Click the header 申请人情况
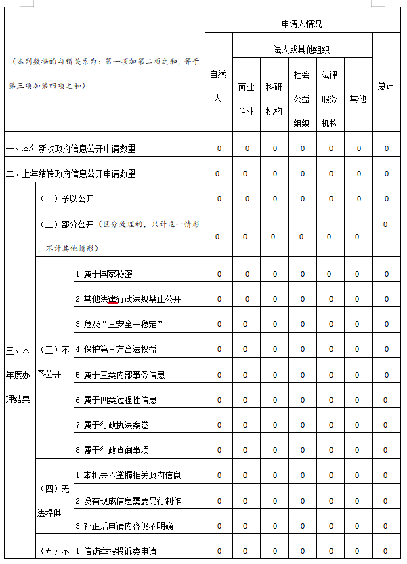click(302, 24)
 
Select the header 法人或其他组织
click(302, 49)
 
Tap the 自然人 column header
click(218, 86)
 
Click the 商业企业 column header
click(246, 98)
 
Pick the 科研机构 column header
click(274, 98)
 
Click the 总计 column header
click(386, 86)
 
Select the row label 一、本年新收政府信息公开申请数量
click(75, 148)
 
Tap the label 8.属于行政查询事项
click(112, 450)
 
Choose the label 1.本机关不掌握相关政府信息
click(128, 475)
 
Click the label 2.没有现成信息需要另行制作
click(128, 500)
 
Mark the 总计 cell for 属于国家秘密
click(386, 274)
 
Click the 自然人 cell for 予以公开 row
click(218, 199)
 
